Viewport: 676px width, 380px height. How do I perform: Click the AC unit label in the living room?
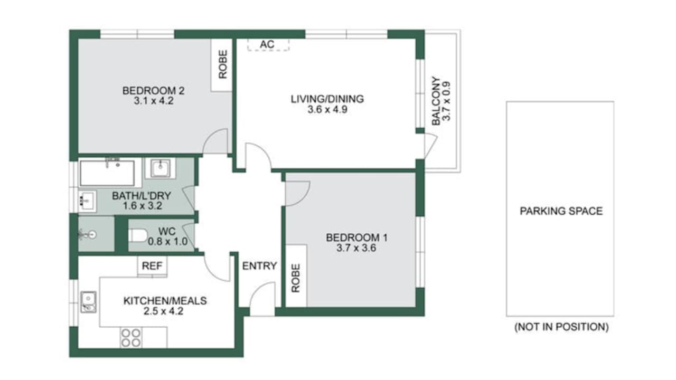(x=267, y=44)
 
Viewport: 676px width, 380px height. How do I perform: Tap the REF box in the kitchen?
(x=152, y=265)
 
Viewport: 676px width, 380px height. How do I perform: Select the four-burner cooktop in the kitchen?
(x=131, y=337)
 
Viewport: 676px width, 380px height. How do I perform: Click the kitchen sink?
(x=88, y=302)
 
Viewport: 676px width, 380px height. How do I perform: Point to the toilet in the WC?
(x=138, y=235)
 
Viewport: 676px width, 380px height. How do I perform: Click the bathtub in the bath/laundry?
(x=107, y=173)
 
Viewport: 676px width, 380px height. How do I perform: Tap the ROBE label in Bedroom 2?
(x=223, y=64)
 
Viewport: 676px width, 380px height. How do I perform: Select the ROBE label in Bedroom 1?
(x=296, y=278)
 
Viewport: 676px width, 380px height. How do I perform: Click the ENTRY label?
(x=259, y=265)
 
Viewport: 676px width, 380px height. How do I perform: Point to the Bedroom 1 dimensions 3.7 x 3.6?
(x=356, y=248)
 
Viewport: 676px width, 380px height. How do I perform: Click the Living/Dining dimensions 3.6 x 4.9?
(x=327, y=109)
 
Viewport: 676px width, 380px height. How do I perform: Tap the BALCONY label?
(x=436, y=101)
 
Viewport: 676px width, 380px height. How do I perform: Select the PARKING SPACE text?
(x=561, y=211)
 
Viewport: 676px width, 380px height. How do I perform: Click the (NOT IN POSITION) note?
(x=561, y=327)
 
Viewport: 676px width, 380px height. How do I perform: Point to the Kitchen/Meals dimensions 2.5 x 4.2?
(x=163, y=311)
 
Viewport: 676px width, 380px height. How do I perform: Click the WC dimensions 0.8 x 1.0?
(x=167, y=241)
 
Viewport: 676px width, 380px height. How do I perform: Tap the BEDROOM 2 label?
(x=153, y=90)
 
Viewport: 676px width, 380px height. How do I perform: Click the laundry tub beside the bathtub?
(x=160, y=168)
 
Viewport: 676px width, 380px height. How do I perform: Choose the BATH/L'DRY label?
(x=142, y=196)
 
